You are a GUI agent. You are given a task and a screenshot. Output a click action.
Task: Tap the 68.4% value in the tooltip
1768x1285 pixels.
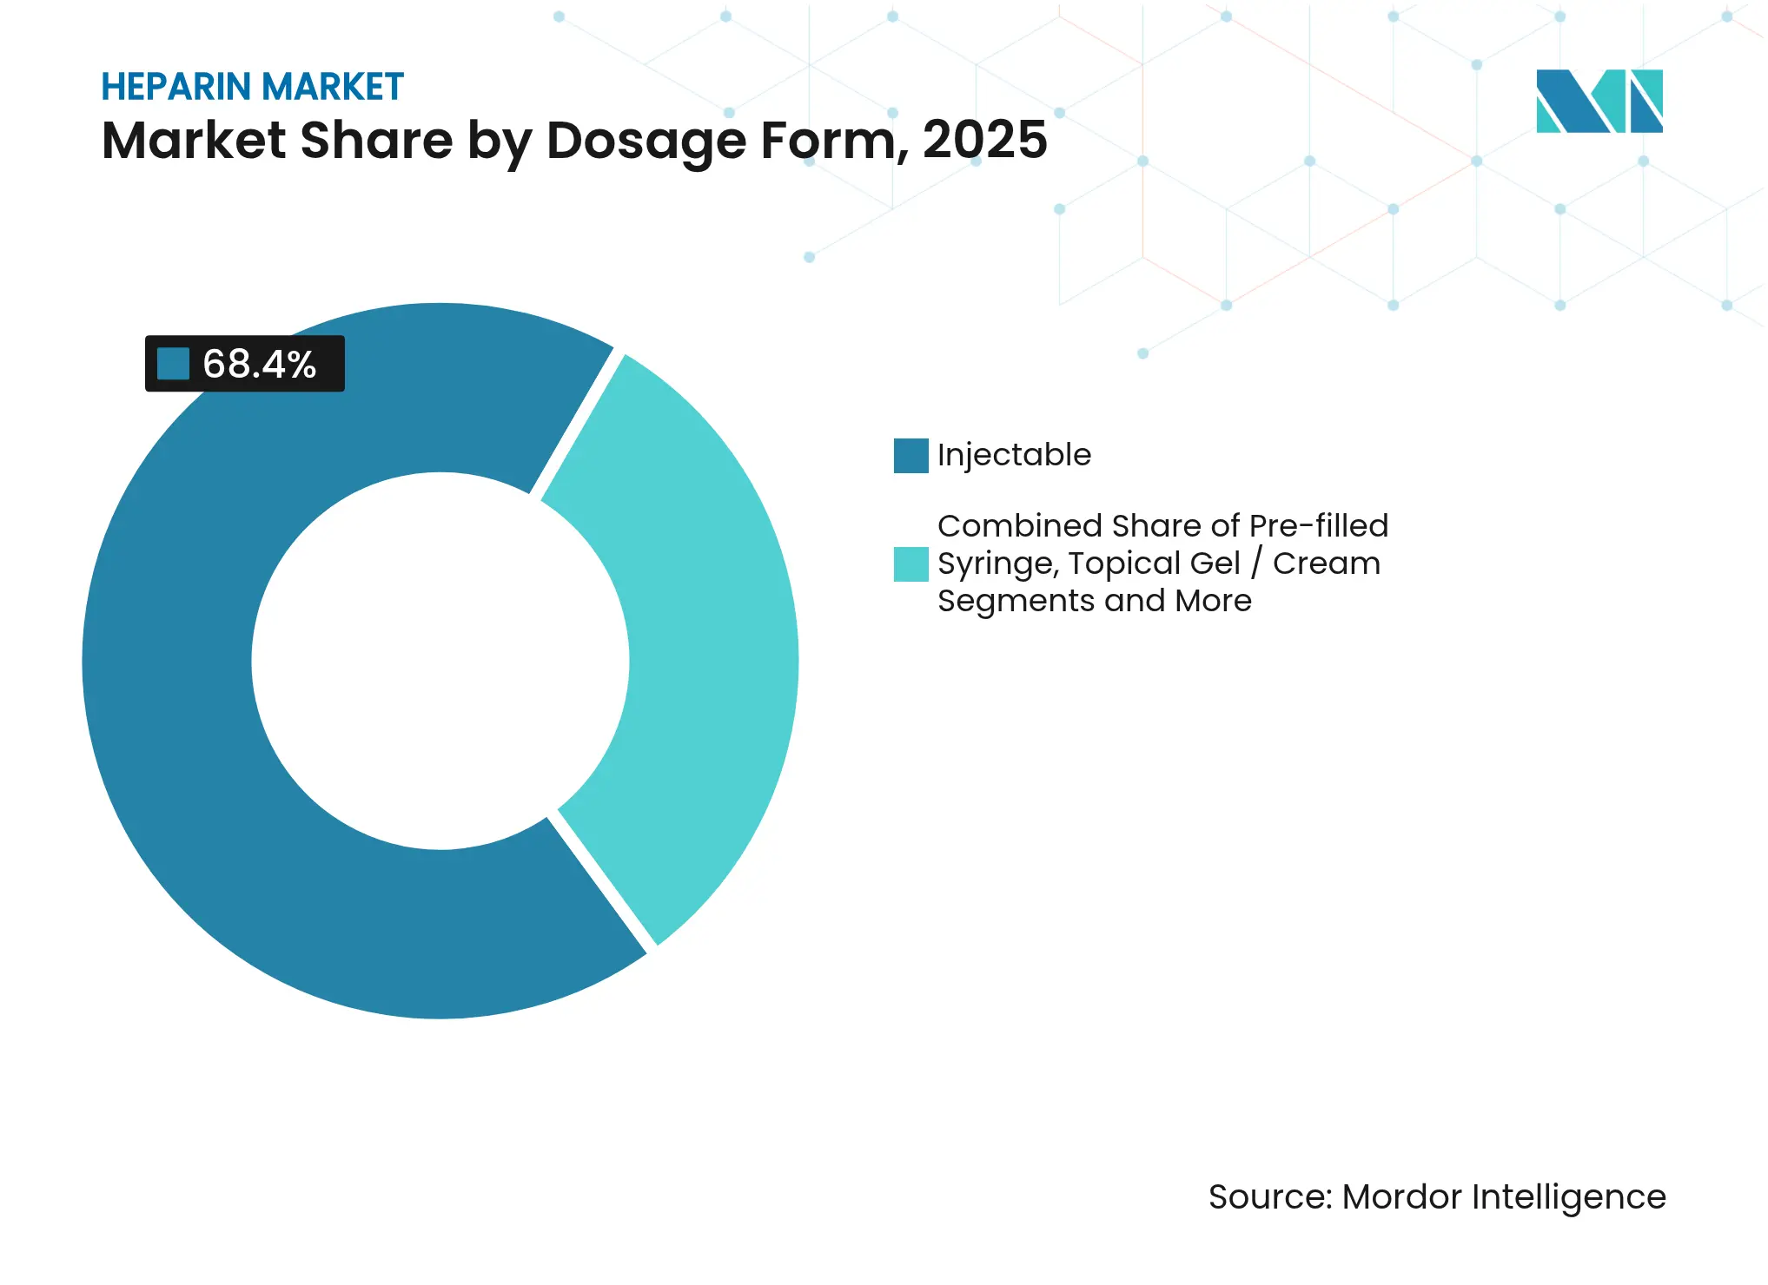point(259,364)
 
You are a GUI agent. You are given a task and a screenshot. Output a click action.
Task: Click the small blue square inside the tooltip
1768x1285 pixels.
point(173,364)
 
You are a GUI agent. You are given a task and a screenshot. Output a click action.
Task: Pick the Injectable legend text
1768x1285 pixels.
point(1014,455)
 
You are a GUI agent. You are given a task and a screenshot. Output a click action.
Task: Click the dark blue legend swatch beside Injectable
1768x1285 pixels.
point(910,456)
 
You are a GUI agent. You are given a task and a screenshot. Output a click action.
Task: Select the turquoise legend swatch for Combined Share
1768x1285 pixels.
point(910,564)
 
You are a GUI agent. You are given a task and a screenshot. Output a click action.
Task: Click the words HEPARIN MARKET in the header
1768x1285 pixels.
point(252,87)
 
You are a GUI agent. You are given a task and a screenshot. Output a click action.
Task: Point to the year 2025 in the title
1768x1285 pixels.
point(984,140)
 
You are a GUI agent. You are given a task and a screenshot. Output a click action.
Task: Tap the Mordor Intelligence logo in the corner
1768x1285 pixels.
point(1599,101)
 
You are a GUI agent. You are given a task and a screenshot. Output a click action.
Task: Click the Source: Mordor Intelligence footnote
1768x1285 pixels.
point(1436,1196)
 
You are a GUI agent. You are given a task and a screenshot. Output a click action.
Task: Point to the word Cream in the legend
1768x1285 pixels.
point(1326,563)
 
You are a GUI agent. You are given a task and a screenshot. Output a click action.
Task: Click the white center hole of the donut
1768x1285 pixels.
point(440,661)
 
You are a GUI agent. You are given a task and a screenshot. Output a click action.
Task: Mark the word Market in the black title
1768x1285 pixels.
point(193,140)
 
